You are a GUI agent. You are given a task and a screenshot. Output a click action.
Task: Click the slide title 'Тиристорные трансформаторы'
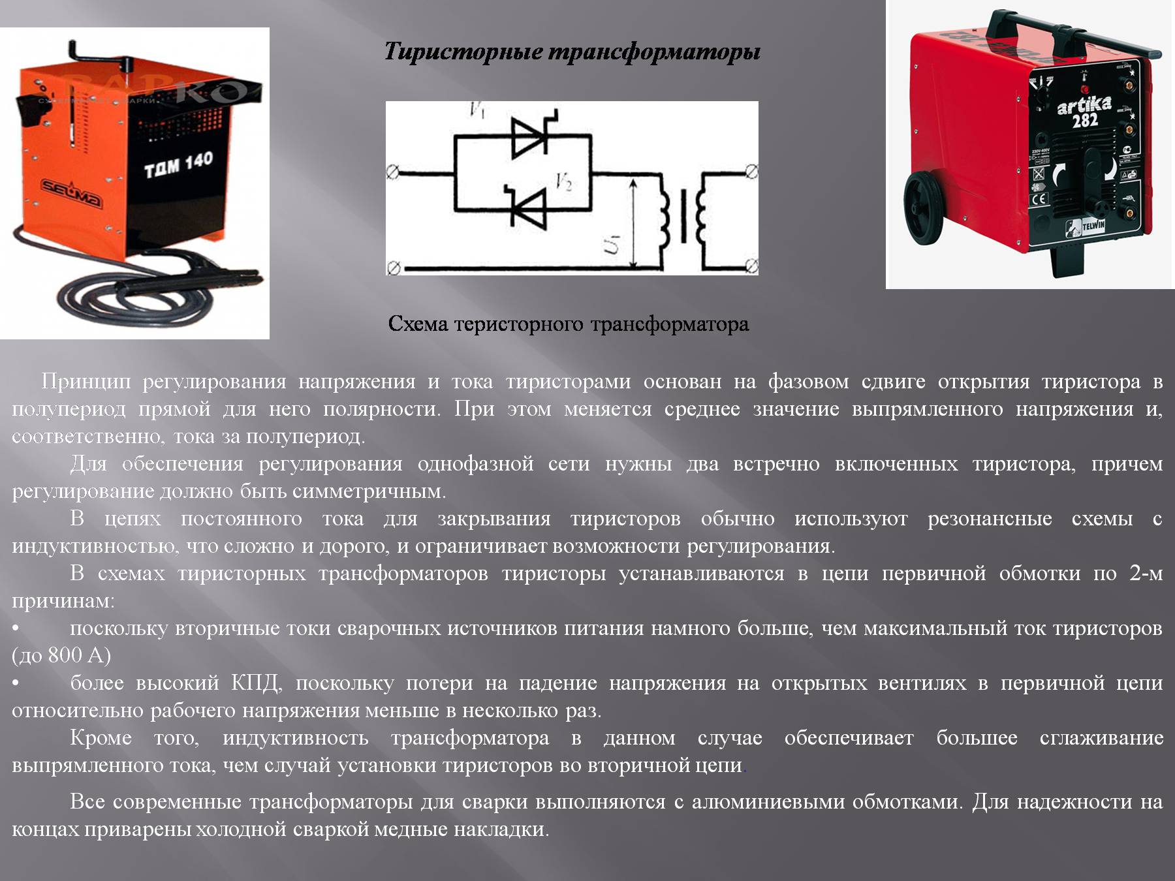click(572, 52)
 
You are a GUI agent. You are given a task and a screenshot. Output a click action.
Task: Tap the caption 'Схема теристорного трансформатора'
click(568, 324)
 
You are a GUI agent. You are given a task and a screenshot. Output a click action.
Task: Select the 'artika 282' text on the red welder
click(1084, 112)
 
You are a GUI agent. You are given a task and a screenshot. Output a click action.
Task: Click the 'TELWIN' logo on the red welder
click(1093, 226)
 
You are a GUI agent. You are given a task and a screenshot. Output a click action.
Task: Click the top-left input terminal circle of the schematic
click(392, 173)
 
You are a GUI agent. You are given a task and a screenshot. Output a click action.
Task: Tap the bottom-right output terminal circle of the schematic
click(751, 266)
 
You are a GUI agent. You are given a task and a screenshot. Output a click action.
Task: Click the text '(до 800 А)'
click(61, 655)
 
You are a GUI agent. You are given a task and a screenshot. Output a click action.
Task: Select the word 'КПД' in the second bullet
click(256, 683)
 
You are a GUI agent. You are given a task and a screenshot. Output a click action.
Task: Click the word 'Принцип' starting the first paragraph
click(86, 382)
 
